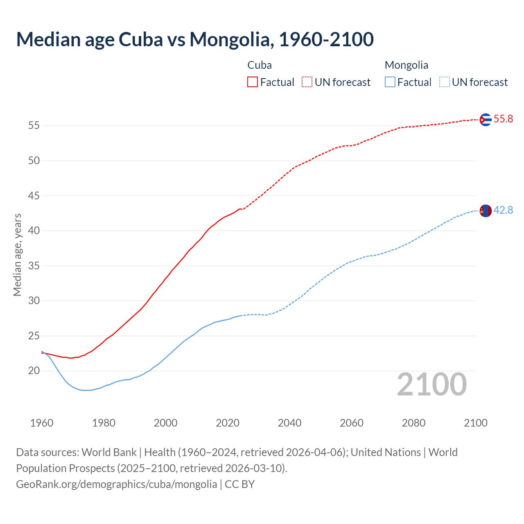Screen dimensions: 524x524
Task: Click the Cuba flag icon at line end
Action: pos(486,120)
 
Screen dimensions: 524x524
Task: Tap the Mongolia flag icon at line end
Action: pos(486,211)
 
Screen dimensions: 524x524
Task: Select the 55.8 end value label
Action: pos(503,119)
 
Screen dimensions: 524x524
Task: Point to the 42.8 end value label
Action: pos(503,210)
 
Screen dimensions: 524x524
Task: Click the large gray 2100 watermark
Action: pos(431,384)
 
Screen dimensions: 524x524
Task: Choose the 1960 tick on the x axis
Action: pos(42,423)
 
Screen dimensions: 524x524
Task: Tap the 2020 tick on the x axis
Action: pos(228,423)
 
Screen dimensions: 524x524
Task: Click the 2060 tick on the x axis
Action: pos(352,423)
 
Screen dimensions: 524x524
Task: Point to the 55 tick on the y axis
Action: pos(34,126)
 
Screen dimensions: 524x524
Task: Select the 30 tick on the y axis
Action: pos(34,301)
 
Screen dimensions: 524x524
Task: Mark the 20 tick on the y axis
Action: pos(34,371)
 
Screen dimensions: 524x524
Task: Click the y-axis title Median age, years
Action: pos(17,255)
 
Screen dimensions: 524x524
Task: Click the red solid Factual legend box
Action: pos(253,82)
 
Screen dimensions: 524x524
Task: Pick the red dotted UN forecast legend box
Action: pos(307,82)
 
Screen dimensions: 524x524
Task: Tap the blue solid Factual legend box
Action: pos(390,82)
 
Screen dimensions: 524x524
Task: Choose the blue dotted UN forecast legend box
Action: pos(444,82)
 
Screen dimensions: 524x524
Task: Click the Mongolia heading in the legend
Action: pos(407,65)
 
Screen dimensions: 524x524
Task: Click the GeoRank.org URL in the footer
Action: pos(117,484)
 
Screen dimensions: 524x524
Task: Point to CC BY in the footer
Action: pos(240,484)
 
